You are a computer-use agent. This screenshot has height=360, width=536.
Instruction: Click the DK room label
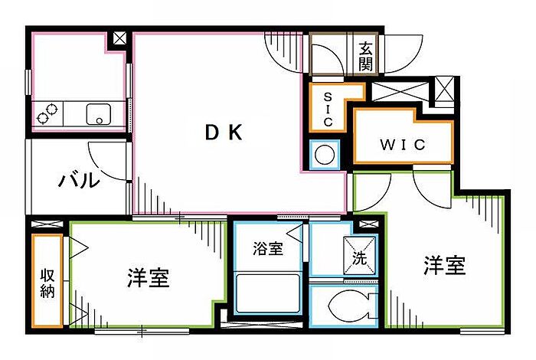[x=224, y=133]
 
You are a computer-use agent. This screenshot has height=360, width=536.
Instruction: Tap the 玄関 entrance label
[x=365, y=57]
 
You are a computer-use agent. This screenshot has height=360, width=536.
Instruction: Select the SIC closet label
[x=328, y=110]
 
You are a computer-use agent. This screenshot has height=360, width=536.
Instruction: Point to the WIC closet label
[x=403, y=145]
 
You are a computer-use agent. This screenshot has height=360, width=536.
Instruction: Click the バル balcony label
[x=79, y=180]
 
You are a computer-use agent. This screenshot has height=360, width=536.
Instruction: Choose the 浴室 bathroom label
[x=268, y=248]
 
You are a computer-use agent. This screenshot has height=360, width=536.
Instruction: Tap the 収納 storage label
[x=47, y=283]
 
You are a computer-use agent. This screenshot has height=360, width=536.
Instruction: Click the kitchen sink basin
[x=99, y=114]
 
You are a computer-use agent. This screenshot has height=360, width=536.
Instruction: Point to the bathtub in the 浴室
[x=268, y=293]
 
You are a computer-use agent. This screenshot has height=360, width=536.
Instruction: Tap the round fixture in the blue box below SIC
[x=325, y=155]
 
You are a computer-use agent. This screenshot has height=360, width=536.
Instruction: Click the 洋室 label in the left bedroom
[x=149, y=277]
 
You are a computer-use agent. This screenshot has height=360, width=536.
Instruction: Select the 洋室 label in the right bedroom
[x=445, y=265]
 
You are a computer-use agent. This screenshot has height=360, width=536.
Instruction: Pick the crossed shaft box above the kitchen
[x=119, y=38]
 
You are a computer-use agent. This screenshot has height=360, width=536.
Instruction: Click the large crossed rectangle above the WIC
[x=400, y=91]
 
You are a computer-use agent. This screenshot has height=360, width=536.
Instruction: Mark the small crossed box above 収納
[x=47, y=224]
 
